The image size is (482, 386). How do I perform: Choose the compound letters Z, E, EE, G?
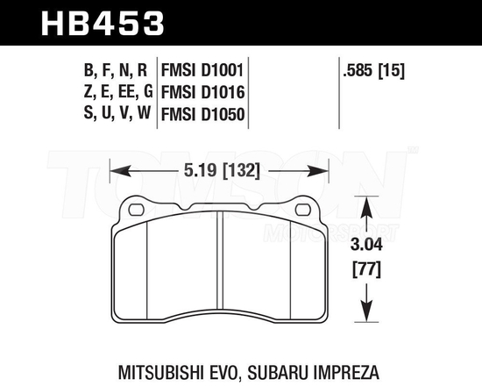110,90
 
